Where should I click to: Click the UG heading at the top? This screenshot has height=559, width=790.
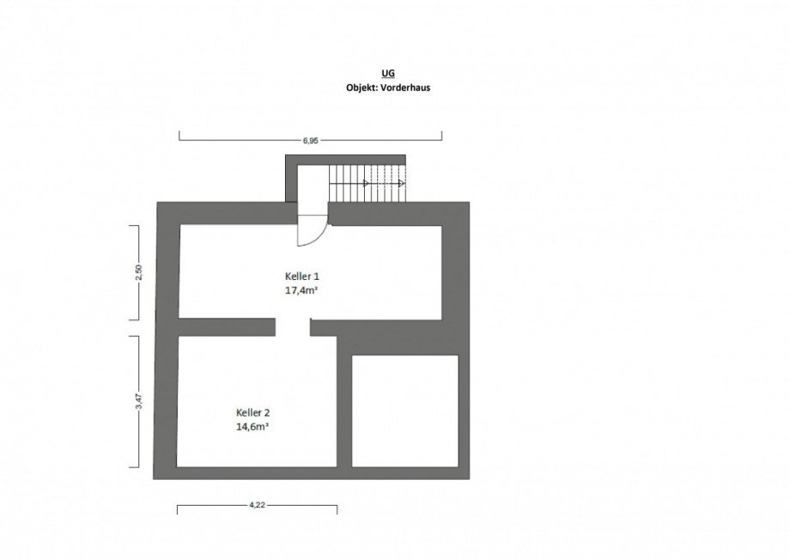pyautogui.click(x=387, y=74)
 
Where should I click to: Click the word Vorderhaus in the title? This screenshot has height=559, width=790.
pyautogui.click(x=405, y=88)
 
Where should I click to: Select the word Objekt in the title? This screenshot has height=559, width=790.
pyautogui.click(x=362, y=88)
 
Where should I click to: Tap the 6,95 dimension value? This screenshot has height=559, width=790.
pyautogui.click(x=310, y=141)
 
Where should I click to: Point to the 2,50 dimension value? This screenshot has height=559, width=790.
pyautogui.click(x=140, y=271)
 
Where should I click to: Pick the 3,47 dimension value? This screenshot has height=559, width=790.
pyautogui.click(x=140, y=401)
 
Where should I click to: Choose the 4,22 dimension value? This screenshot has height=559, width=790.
pyautogui.click(x=257, y=505)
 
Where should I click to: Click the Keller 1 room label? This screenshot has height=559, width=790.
pyautogui.click(x=302, y=276)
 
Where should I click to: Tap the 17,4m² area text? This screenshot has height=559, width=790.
pyautogui.click(x=301, y=290)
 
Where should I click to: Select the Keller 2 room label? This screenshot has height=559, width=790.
pyautogui.click(x=253, y=413)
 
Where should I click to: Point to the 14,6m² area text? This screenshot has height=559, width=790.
pyautogui.click(x=252, y=427)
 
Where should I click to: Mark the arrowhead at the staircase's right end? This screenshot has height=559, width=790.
pyautogui.click(x=402, y=183)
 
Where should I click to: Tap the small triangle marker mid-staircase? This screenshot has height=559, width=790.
pyautogui.click(x=367, y=183)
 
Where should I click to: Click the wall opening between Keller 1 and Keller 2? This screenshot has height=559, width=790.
pyautogui.click(x=293, y=327)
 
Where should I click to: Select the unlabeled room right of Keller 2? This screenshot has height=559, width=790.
pyautogui.click(x=405, y=411)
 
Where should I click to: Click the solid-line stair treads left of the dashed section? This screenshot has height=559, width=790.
pyautogui.click(x=349, y=183)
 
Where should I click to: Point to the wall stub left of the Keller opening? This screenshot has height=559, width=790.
pyautogui.click(x=227, y=327)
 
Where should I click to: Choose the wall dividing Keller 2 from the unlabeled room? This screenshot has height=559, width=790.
pyautogui.click(x=344, y=401)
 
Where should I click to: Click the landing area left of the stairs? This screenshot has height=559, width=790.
pyautogui.click(x=313, y=183)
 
